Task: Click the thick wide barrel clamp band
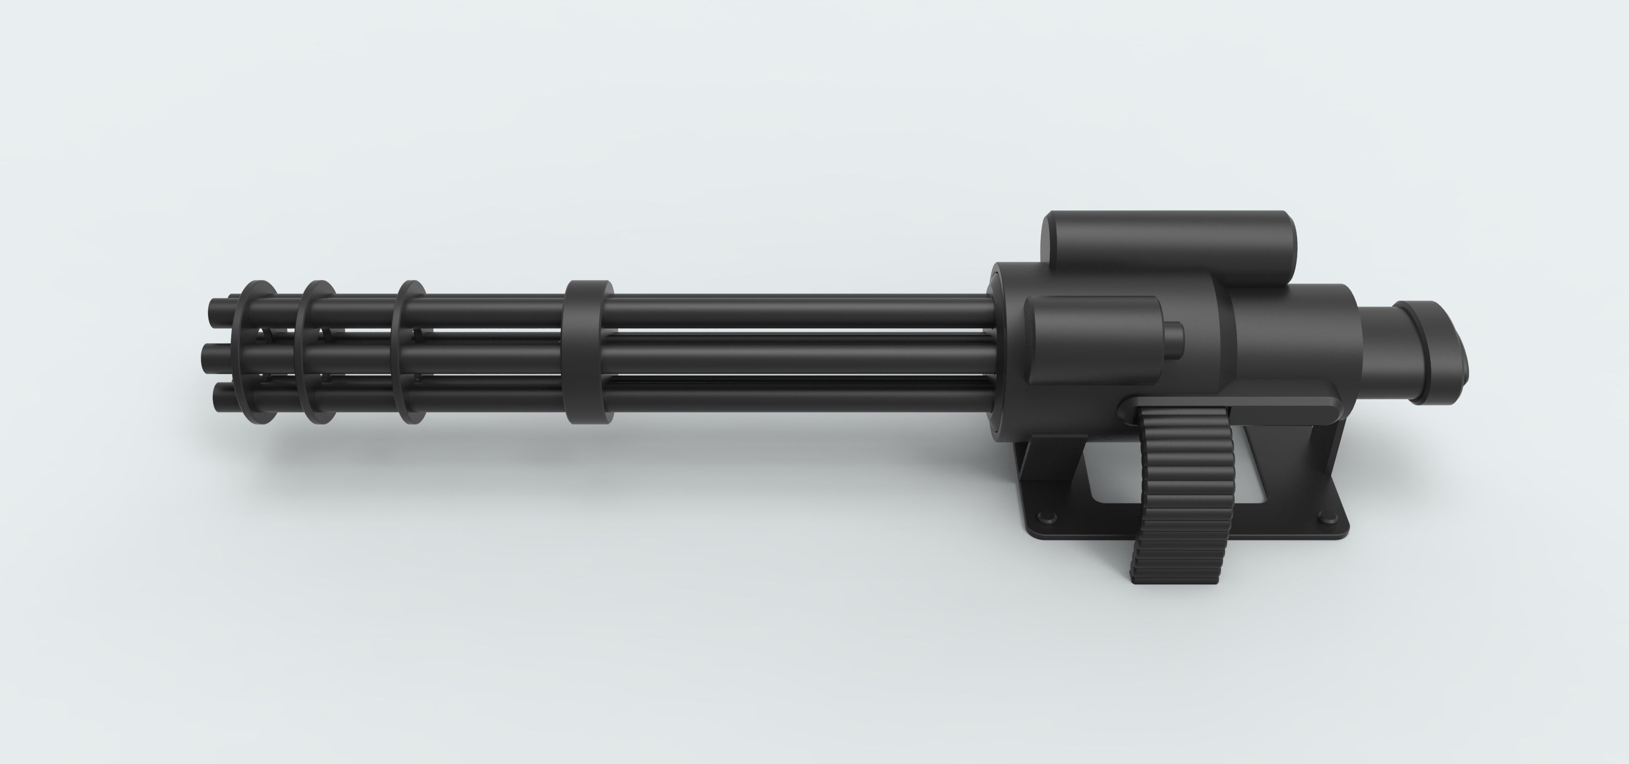(x=588, y=352)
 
